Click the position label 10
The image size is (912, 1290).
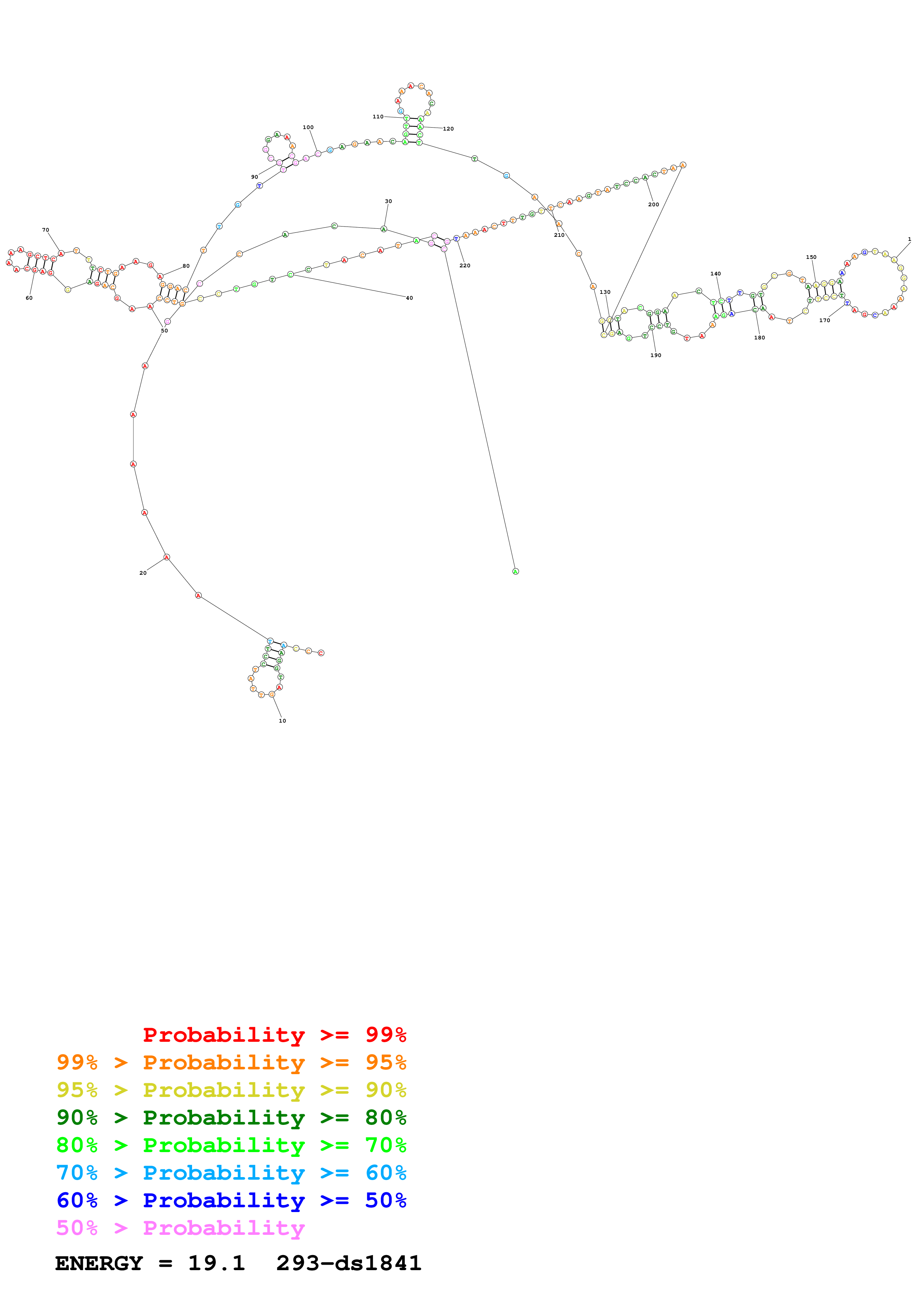pos(282,721)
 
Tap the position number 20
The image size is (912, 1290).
pos(143,573)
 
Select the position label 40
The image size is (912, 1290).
pos(409,298)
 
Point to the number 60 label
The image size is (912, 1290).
pos(29,298)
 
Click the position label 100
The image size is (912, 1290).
pos(308,128)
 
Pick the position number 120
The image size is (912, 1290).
pos(448,129)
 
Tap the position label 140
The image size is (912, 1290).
pos(715,274)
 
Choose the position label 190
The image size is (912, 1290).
pos(656,356)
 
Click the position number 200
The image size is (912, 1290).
pos(653,204)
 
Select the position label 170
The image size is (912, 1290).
pos(824,321)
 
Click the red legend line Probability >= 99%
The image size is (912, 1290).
pos(274,1035)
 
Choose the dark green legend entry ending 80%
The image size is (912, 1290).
pos(231,1118)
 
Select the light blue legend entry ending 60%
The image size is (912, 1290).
pos(231,1173)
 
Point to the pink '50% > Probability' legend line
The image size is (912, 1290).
pos(180,1228)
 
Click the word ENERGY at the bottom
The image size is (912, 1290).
pos(99,1264)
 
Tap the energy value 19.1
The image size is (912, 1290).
pos(216,1264)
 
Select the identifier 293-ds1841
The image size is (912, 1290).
pos(348,1264)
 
